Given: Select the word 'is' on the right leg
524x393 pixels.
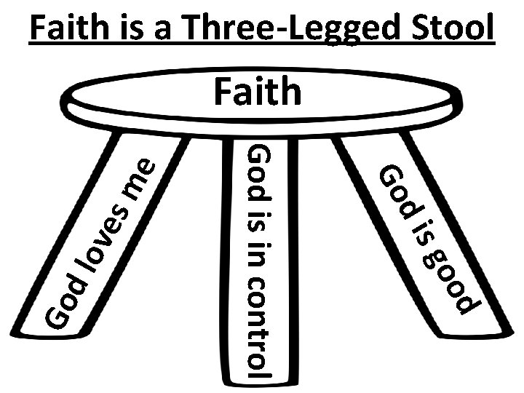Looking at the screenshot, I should [x=423, y=237].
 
